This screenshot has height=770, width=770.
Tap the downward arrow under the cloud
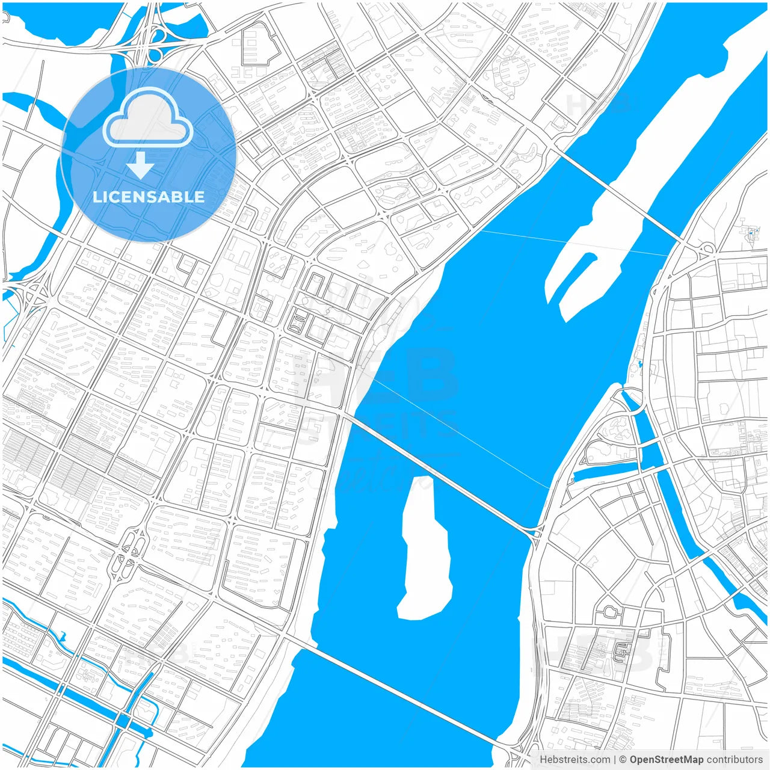pos(140,165)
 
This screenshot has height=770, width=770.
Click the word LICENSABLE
pos(149,197)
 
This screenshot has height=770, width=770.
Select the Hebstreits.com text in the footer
pos(574,760)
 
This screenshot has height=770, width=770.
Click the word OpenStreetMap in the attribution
pos(667,760)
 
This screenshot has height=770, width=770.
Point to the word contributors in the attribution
pos(735,760)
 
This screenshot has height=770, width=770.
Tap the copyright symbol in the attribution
pos(623,760)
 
